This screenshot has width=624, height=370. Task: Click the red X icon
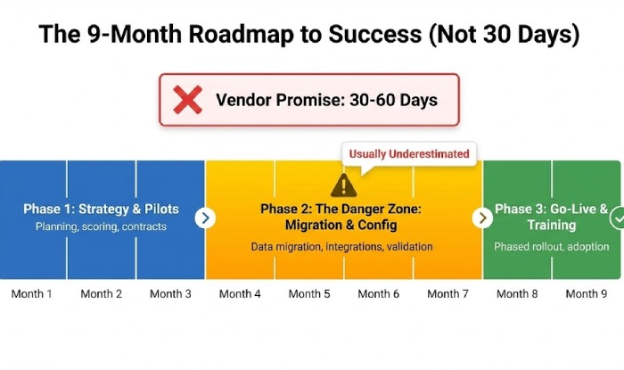[187, 100]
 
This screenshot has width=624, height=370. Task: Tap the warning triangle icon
[342, 185]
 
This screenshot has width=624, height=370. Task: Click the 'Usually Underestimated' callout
[409, 153]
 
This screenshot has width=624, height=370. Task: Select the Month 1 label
[32, 293]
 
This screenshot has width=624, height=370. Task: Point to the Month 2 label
[101, 293]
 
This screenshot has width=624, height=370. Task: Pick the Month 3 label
[170, 293]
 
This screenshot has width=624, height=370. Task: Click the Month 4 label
[240, 293]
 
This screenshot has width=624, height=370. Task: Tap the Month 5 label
[309, 293]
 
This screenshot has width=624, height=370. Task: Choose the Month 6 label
[378, 293]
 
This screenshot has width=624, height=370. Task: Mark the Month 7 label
[447, 293]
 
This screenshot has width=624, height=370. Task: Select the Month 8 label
[517, 293]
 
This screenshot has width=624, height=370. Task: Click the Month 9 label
[586, 293]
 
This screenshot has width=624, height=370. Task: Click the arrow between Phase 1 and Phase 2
[205, 218]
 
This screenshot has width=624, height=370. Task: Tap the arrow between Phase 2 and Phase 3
[482, 218]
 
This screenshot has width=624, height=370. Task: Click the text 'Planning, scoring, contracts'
[101, 227]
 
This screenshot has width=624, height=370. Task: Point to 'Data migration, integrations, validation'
[342, 246]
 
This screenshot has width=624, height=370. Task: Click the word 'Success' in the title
[366, 37]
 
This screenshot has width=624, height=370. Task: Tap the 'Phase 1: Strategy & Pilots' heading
[101, 210]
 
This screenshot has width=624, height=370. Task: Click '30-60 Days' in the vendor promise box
[392, 100]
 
